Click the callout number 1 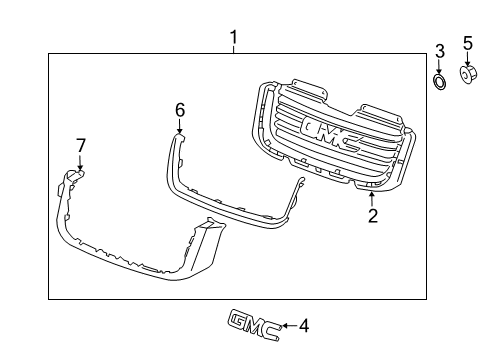tap(233, 39)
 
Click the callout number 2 tap(372, 215)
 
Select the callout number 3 tap(440, 51)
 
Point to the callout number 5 tap(467, 42)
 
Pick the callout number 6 tap(180, 108)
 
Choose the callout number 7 tap(81, 147)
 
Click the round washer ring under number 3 tap(440, 80)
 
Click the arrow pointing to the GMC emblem tap(288, 325)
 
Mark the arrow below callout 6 tap(180, 124)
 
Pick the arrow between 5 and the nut tap(467, 58)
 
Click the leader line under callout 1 tap(233, 51)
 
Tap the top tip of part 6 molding tap(180, 133)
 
